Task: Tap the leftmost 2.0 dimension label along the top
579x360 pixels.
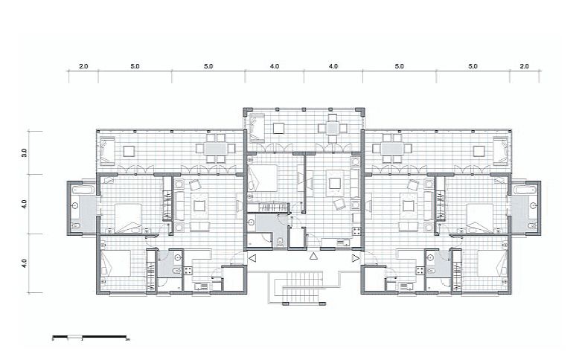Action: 83,67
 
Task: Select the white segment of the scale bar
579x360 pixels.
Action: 75,338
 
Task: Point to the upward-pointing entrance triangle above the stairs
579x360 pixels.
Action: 313,257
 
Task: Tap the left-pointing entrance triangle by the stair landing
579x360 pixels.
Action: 252,259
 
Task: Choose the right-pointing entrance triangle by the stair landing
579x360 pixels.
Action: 355,259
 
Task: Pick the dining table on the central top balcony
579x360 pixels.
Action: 331,128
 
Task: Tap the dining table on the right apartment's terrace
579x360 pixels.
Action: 391,149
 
